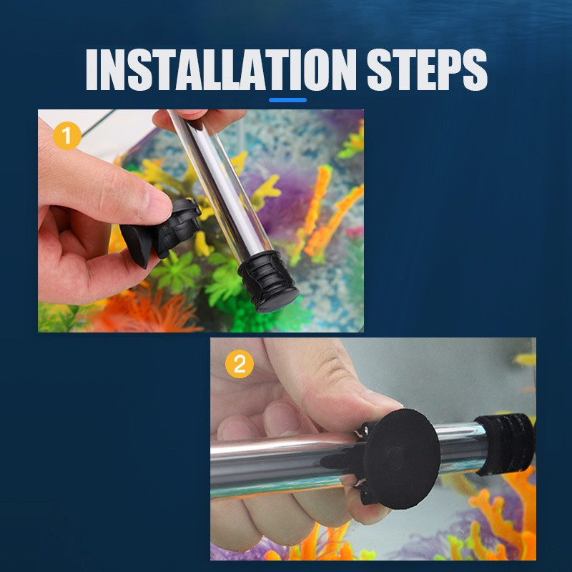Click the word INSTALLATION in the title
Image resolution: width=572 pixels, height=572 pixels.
(x=221, y=69)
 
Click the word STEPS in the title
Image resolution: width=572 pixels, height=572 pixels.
(x=427, y=69)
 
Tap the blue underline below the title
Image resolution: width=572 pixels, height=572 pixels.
(x=287, y=100)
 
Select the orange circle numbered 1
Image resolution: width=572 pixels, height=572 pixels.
(x=66, y=136)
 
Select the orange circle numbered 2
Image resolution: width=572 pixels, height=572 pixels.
(x=240, y=364)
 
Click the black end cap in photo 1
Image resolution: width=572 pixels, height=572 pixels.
(x=268, y=282)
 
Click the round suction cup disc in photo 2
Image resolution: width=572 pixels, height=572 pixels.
(x=401, y=458)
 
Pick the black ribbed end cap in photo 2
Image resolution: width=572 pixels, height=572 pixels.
(x=506, y=444)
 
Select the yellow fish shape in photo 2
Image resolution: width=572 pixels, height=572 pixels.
(x=525, y=360)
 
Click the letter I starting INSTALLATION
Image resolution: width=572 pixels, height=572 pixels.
(x=93, y=69)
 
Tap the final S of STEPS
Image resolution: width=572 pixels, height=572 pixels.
(x=475, y=69)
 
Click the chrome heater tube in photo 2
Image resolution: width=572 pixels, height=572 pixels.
(x=328, y=461)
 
